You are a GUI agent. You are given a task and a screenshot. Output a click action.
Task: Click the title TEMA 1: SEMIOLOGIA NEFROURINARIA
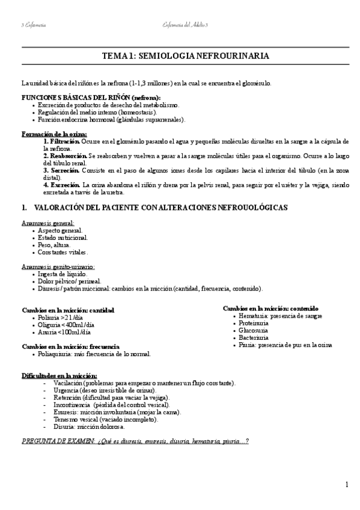pos(185,56)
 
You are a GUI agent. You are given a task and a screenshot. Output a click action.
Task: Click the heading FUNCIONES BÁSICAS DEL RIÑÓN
pos(91,97)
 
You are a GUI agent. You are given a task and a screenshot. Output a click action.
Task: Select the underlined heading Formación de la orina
pos(54,134)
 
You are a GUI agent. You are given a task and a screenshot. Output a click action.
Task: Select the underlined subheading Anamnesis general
pos(48,223)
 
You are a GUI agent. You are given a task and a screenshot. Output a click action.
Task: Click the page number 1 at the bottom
pos(347,485)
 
